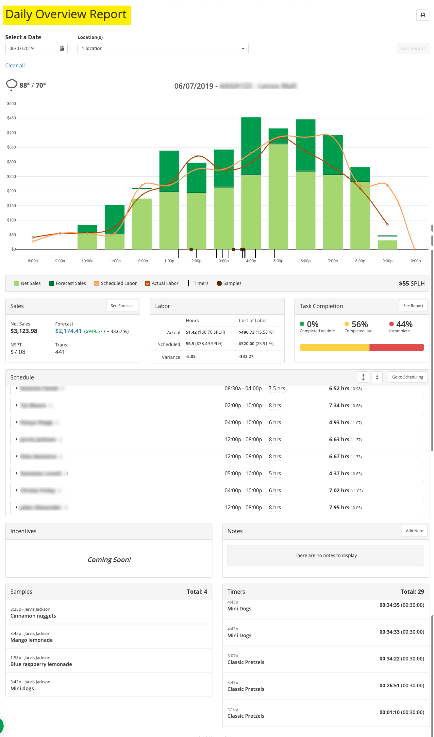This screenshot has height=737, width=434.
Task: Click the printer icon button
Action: click(423, 15)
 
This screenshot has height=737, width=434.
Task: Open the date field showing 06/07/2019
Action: click(36, 48)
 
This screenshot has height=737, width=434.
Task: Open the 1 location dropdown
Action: click(163, 48)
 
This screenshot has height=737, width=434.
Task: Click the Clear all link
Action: click(15, 65)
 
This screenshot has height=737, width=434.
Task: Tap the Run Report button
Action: click(413, 48)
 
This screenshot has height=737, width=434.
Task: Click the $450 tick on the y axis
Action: click(11, 118)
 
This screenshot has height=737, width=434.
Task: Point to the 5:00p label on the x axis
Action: click(278, 261)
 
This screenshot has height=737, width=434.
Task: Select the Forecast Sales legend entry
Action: click(67, 283)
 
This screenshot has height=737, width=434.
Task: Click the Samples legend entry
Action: click(229, 283)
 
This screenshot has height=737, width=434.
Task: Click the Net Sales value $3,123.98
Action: click(24, 331)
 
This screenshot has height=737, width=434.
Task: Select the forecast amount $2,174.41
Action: click(68, 331)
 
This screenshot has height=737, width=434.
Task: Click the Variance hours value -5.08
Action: click(191, 357)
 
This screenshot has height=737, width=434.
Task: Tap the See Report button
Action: click(413, 306)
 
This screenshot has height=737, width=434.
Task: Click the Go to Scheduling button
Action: click(408, 377)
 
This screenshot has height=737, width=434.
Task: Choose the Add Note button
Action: click(414, 531)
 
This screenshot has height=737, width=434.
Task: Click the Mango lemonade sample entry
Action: click(32, 640)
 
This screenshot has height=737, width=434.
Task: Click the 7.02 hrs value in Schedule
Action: click(339, 491)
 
